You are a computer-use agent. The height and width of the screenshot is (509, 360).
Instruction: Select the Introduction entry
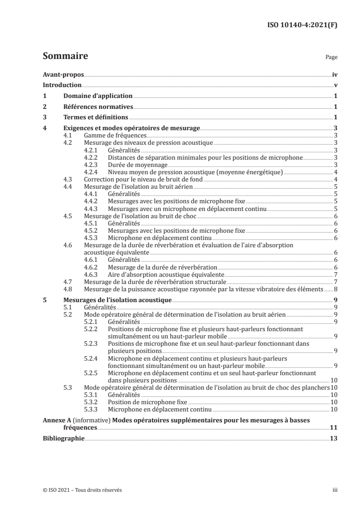click(62, 85)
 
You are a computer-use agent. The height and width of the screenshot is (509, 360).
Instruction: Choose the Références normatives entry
click(99, 107)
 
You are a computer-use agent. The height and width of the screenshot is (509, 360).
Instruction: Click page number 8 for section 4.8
click(335, 289)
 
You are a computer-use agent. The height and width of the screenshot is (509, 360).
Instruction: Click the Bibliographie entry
click(63, 438)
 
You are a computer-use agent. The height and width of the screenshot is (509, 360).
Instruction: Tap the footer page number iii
click(335, 490)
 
